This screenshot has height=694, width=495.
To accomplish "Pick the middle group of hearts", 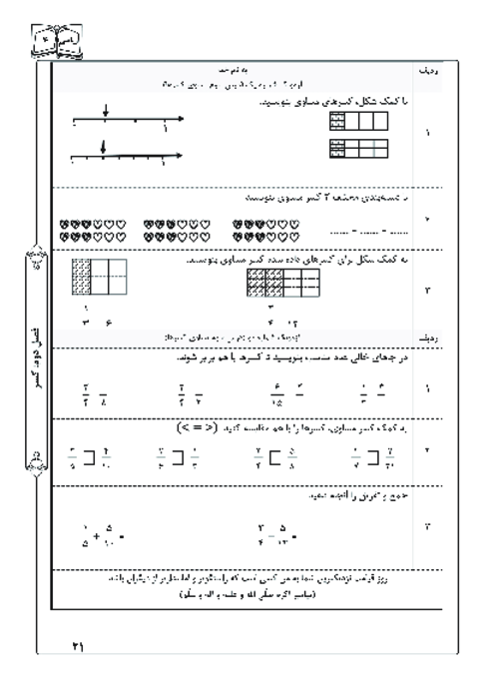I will tap(176, 230).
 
